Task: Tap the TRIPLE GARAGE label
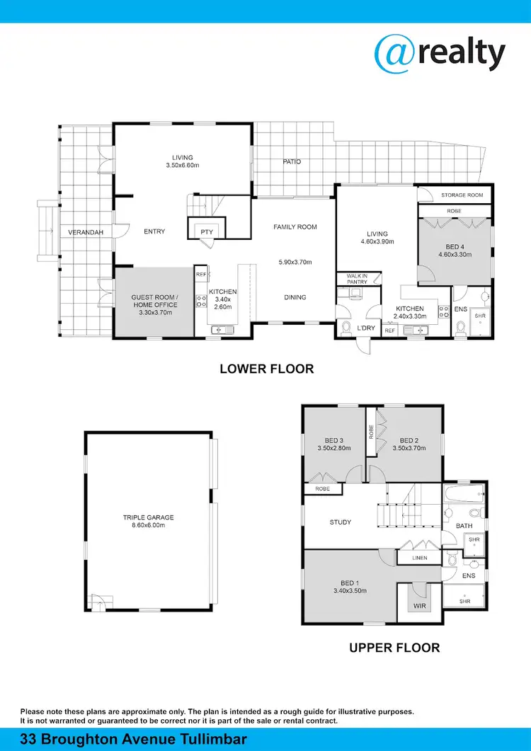tap(148, 517)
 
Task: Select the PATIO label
tap(292, 162)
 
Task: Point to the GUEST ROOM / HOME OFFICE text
tap(154, 301)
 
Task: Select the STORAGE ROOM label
tap(462, 195)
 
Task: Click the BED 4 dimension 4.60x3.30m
tap(455, 255)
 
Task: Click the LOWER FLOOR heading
tap(266, 369)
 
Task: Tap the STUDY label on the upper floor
tap(341, 522)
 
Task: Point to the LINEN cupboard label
tap(419, 558)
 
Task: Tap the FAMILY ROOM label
tap(295, 227)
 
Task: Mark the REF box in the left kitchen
tap(201, 275)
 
